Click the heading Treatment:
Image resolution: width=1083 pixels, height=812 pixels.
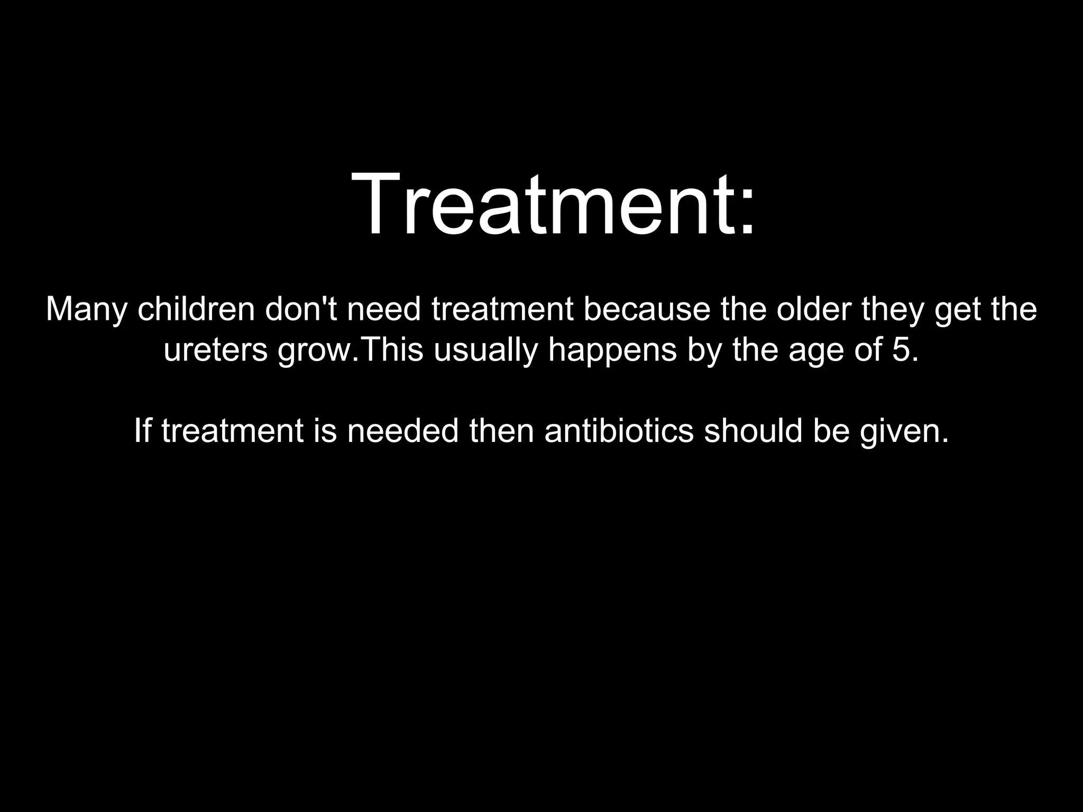tap(553, 205)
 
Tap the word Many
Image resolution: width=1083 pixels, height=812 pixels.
tap(87, 310)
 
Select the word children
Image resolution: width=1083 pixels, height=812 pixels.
tap(196, 310)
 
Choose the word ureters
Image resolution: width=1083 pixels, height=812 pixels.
tap(216, 350)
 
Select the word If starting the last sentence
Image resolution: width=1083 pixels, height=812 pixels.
tap(142, 430)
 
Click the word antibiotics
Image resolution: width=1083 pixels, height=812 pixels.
tap(619, 430)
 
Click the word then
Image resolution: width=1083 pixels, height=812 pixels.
tap(501, 430)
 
